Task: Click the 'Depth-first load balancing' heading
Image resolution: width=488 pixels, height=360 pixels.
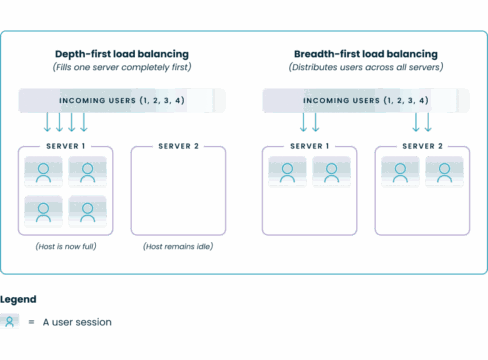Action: click(121, 53)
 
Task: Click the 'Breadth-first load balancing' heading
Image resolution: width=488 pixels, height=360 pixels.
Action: click(366, 53)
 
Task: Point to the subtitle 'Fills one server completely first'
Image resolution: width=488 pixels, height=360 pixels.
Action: click(121, 66)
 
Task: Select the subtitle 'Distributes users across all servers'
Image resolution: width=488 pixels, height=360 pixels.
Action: click(366, 66)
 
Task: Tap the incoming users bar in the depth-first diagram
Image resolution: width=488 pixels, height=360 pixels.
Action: click(121, 101)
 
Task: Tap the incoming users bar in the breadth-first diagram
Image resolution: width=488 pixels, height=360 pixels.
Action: click(366, 101)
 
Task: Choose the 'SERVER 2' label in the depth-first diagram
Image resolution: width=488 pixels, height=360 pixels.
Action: click(179, 146)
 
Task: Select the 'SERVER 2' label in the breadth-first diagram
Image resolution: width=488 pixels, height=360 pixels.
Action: click(423, 146)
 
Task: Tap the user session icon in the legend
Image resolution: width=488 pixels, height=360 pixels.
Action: click(11, 321)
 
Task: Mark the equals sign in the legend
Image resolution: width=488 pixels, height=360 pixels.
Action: click(33, 322)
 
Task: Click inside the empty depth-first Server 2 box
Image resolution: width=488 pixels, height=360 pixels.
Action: click(178, 195)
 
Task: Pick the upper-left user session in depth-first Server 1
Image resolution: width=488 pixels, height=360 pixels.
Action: click(43, 172)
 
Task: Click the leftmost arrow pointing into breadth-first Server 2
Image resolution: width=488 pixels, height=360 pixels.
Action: click(415, 122)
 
